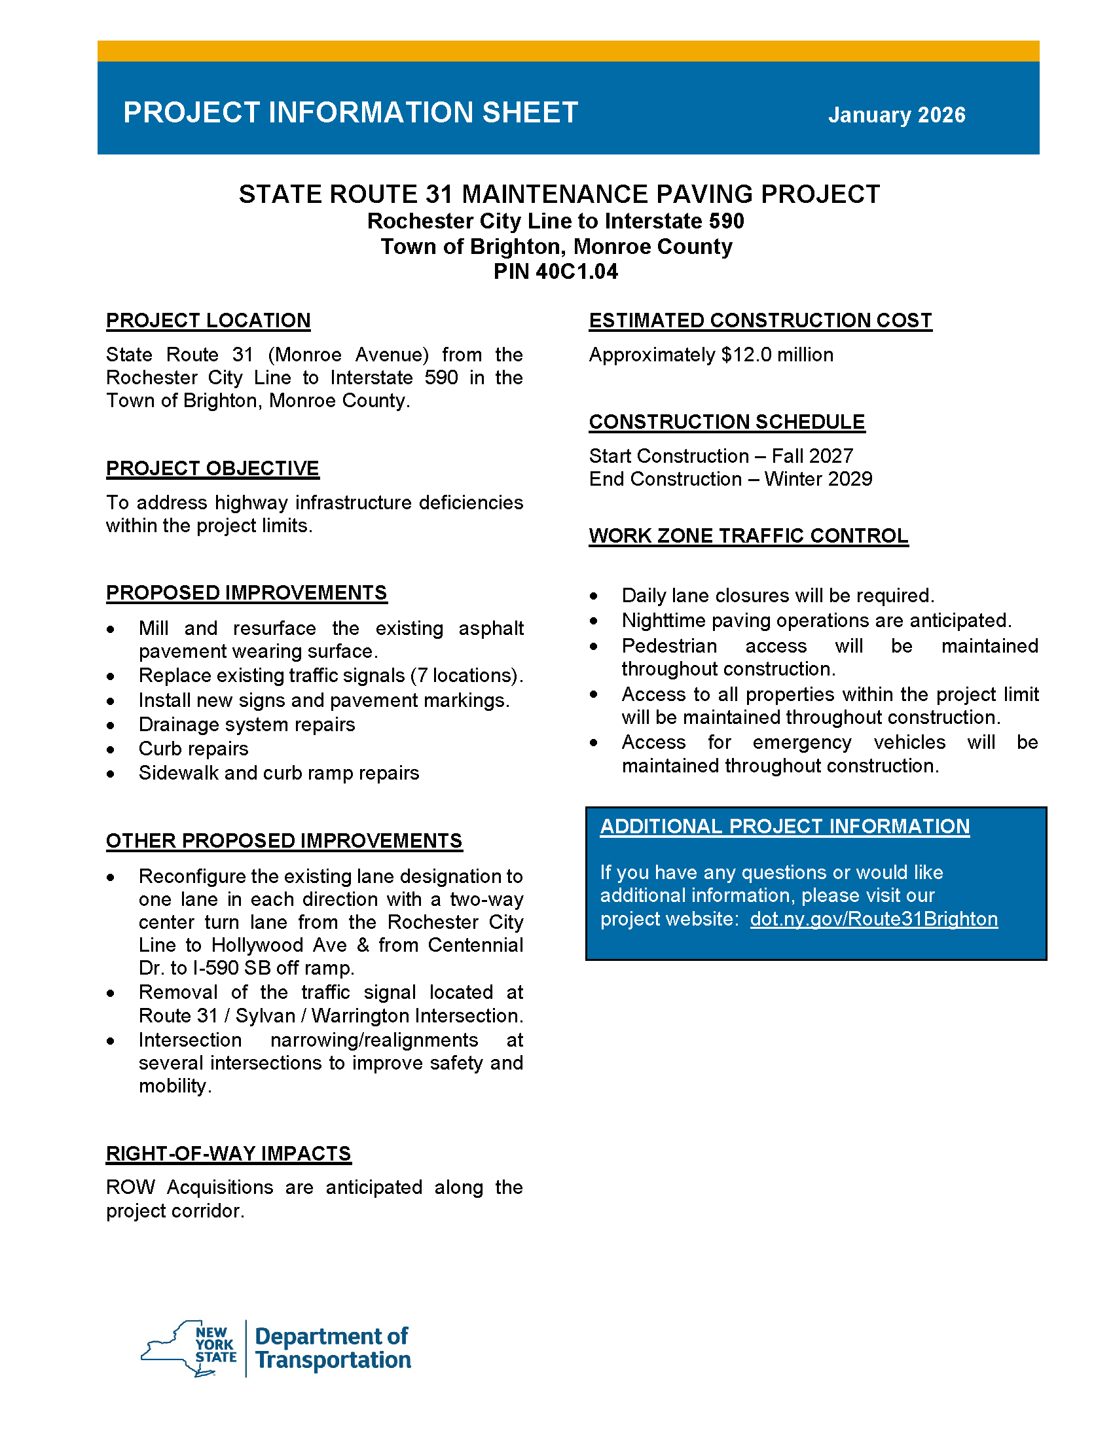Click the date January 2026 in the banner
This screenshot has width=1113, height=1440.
pyautogui.click(x=896, y=115)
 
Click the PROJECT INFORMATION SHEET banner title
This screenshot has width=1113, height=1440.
pyautogui.click(x=350, y=113)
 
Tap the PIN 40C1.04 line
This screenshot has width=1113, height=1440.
pyautogui.click(x=555, y=272)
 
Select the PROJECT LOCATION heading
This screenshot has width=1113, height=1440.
pyautogui.click(x=208, y=321)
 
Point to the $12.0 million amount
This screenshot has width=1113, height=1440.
pyautogui.click(x=776, y=355)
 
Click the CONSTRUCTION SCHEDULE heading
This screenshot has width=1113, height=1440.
pyautogui.click(x=726, y=422)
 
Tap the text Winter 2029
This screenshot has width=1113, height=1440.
pyautogui.click(x=818, y=478)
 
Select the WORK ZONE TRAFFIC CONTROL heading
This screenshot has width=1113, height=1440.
pyautogui.click(x=748, y=535)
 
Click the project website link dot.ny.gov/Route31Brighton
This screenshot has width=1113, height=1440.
pyautogui.click(x=873, y=918)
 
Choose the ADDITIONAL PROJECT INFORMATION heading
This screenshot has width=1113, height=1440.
pyautogui.click(x=784, y=826)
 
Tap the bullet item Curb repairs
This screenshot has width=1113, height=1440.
pyautogui.click(x=193, y=748)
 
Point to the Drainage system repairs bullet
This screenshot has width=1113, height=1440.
pyautogui.click(x=247, y=724)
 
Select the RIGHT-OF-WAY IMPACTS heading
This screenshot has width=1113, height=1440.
pyautogui.click(x=228, y=1153)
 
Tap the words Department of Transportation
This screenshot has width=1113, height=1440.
pyautogui.click(x=333, y=1348)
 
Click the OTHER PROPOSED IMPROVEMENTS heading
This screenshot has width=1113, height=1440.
pyautogui.click(x=283, y=840)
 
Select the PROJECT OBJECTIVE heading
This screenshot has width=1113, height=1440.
pyautogui.click(x=212, y=468)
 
